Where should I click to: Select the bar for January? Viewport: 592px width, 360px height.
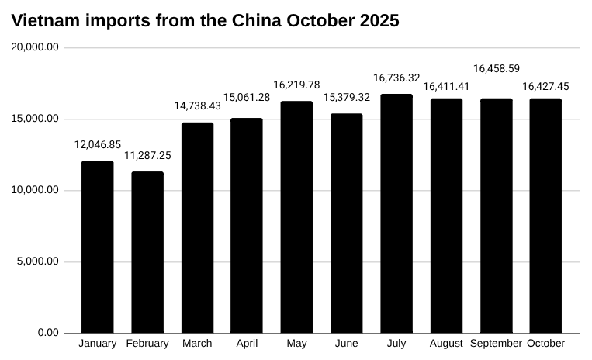[98, 247]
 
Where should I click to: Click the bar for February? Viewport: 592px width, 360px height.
[147, 252]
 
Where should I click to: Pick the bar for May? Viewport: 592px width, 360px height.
[296, 217]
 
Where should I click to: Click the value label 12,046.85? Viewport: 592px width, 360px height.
[98, 144]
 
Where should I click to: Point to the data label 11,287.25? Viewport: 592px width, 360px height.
[147, 155]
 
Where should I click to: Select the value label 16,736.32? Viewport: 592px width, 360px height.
[396, 78]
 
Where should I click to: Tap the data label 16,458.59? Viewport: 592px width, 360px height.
[497, 68]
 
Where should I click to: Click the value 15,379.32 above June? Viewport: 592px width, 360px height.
[347, 97]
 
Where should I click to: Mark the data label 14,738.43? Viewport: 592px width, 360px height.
[197, 106]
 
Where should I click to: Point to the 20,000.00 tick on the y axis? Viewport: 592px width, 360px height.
[36, 47]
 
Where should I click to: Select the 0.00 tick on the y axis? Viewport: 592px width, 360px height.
[47, 333]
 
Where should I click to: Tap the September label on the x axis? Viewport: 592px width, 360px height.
[497, 344]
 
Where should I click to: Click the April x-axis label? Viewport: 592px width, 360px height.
[247, 344]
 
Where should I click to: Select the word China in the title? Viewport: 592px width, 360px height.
[255, 21]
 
